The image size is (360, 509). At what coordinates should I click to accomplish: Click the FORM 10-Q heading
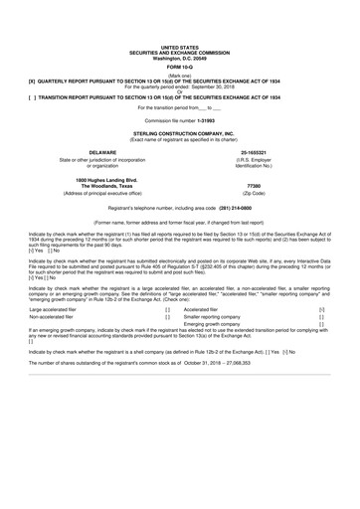pos(180,68)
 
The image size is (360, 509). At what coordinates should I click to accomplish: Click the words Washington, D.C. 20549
pos(180,57)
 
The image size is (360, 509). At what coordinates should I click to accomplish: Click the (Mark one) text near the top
pos(180,76)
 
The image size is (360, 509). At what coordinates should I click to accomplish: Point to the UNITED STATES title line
pos(180,46)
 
